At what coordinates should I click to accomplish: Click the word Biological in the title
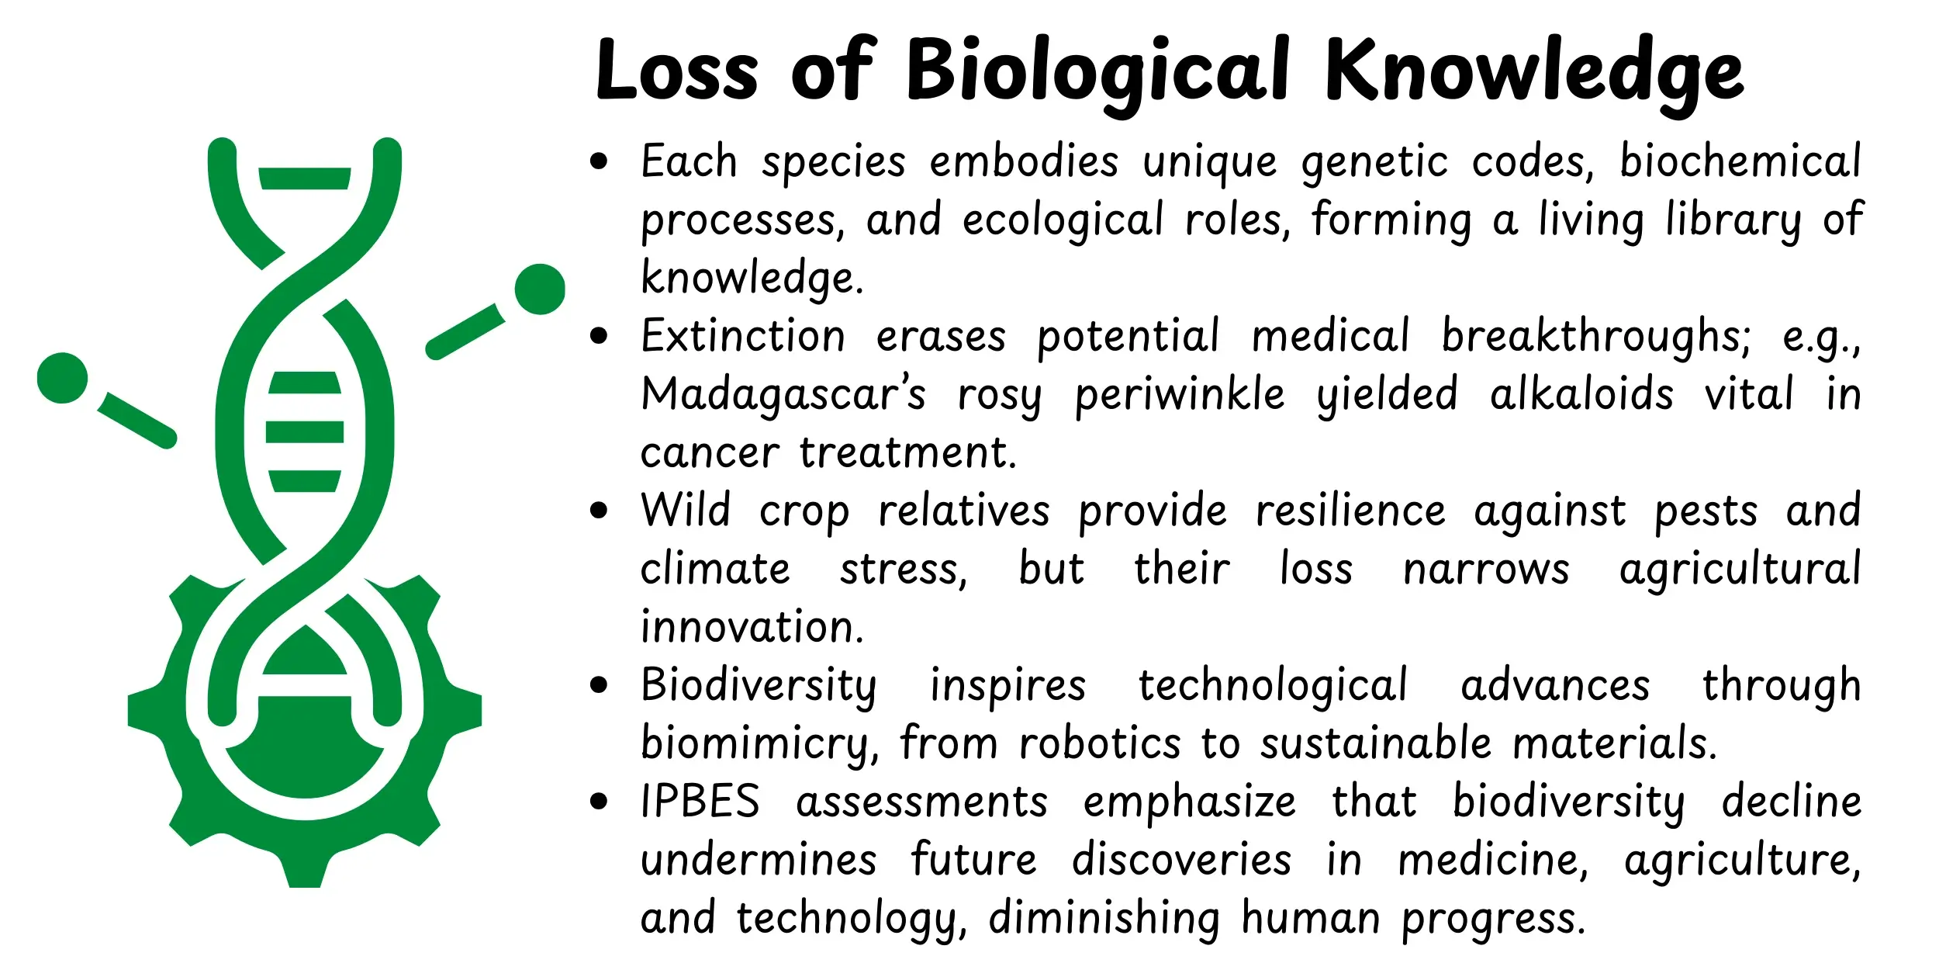click(1097, 71)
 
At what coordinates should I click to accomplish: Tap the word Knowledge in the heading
click(1534, 71)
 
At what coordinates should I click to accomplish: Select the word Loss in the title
click(676, 71)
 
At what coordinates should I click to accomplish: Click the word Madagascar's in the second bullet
click(783, 394)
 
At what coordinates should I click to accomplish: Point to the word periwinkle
click(1179, 394)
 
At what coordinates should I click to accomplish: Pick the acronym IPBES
click(700, 802)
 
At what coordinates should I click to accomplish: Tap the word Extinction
click(743, 336)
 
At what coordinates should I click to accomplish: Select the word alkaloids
click(1581, 394)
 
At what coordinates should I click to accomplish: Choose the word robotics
click(1100, 743)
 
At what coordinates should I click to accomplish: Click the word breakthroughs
click(1595, 336)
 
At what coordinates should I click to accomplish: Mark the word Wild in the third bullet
click(686, 511)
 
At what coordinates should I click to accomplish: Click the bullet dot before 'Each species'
click(598, 161)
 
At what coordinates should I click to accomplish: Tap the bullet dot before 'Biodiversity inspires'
click(598, 685)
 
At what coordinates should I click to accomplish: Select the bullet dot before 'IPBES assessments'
click(598, 802)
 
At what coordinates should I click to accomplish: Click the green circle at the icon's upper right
click(540, 289)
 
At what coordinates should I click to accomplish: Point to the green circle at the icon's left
click(62, 378)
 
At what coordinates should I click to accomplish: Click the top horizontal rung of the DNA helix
click(304, 178)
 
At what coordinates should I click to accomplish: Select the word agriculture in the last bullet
click(1742, 860)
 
